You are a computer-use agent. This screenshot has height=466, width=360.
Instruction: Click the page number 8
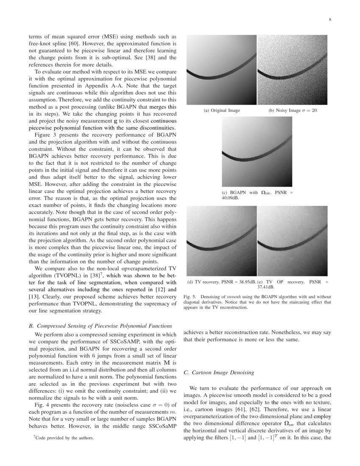coord(330,19)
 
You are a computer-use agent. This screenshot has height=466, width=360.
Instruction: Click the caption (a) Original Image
coord(222,111)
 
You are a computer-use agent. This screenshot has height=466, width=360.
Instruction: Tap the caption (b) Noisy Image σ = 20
coord(293,111)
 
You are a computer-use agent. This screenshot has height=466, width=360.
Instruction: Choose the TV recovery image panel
coord(222,241)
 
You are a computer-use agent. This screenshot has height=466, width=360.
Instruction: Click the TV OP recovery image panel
coord(293,241)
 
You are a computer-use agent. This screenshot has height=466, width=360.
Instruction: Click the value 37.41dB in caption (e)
coord(293,286)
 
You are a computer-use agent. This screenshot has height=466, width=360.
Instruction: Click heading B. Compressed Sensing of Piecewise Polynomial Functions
coord(100,326)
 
